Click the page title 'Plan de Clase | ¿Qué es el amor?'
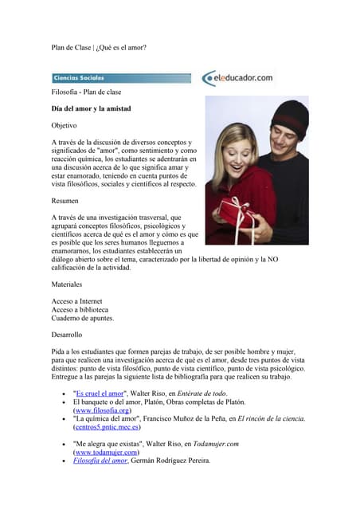pos(99,47)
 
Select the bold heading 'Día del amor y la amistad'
pos(91,108)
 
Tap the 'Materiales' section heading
pos(68,284)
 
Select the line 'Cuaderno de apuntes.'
pos(83,318)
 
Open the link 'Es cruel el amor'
pos(100,394)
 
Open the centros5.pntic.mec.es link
pos(107,427)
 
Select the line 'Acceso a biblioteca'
pos(80,309)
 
